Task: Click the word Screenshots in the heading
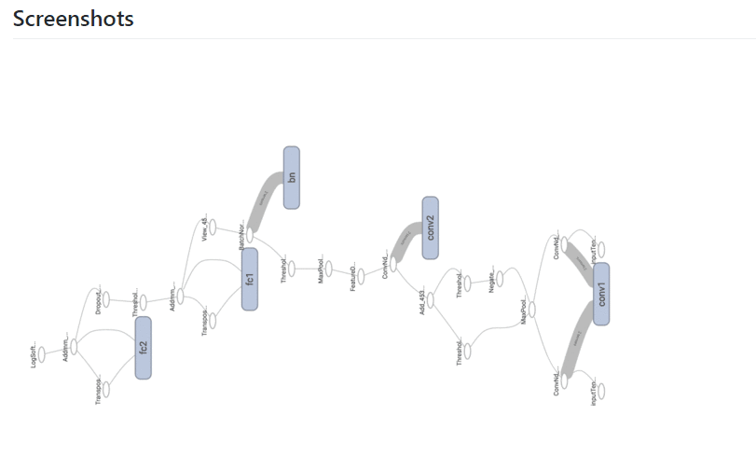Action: [x=73, y=19]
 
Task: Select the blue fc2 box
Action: [x=143, y=347]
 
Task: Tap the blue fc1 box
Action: [x=250, y=279]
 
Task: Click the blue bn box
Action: [x=291, y=177]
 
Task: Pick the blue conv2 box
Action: [x=430, y=228]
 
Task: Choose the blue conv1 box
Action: [x=601, y=294]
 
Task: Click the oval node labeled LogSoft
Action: [x=42, y=354]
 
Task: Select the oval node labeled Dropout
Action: [x=105, y=299]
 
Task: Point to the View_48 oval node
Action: [x=213, y=227]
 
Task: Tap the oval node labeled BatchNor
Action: [x=250, y=235]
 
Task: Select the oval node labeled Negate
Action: [x=500, y=278]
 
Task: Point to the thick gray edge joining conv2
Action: [x=405, y=239]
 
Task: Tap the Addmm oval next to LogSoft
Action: [x=74, y=346]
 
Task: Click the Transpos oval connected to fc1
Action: [x=213, y=321]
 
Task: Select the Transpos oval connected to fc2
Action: [x=105, y=390]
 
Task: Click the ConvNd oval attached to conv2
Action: [x=392, y=264]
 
